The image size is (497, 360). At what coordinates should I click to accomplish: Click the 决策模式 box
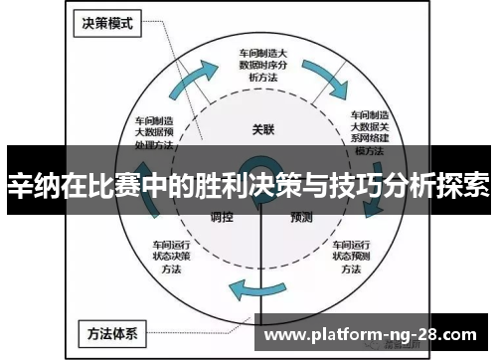pos(106,21)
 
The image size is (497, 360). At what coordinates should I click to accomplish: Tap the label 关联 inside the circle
pos(262,129)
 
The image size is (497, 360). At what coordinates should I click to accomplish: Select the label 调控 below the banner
pos(222,217)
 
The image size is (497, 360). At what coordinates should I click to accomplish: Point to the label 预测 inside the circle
pos(302,217)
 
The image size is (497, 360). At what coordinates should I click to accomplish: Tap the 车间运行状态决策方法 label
pos(170,256)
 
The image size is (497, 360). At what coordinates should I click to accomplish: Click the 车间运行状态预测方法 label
pos(350,256)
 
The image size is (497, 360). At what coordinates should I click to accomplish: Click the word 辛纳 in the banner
pos(31,184)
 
